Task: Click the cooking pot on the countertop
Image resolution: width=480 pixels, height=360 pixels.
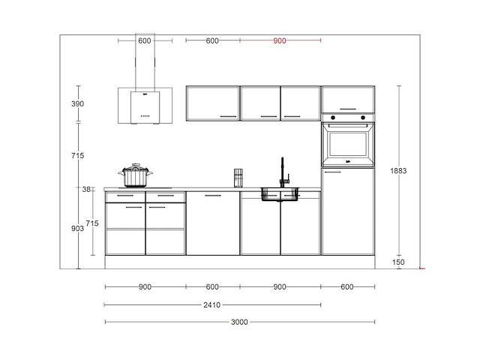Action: (x=135, y=177)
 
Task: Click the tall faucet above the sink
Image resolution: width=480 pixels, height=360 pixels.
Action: (x=283, y=172)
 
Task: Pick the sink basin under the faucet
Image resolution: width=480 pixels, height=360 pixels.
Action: (x=280, y=195)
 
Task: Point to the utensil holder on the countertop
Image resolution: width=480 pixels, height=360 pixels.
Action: (x=238, y=178)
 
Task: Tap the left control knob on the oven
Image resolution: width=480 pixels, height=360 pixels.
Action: (x=331, y=118)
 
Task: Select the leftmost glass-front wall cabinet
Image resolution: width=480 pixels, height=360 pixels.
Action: (x=212, y=103)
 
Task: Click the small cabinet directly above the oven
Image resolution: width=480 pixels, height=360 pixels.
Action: (x=348, y=99)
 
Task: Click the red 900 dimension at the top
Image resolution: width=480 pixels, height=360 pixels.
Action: (x=280, y=41)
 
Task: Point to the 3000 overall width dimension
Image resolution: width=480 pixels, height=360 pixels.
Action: (x=239, y=322)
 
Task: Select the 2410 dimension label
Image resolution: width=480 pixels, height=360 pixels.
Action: (x=212, y=304)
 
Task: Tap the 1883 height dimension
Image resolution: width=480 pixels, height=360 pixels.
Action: (x=399, y=171)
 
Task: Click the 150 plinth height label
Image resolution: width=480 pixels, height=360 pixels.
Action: (x=398, y=262)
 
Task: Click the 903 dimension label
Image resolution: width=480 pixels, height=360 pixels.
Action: (x=77, y=227)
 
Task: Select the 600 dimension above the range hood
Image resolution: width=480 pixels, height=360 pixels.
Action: (x=145, y=41)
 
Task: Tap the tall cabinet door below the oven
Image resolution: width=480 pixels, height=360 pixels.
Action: (x=347, y=211)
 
